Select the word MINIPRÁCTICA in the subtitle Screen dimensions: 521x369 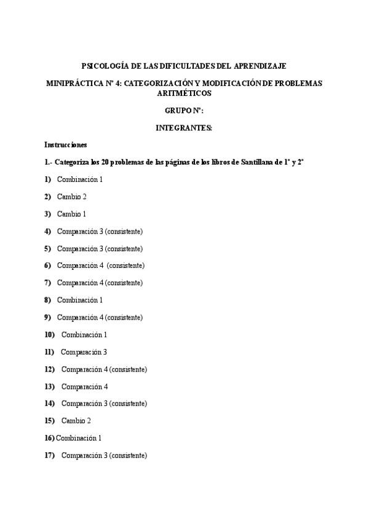(74, 82)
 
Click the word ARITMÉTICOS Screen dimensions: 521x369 (184, 93)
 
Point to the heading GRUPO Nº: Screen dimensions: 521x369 (184, 111)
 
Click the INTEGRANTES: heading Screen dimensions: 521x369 (184, 128)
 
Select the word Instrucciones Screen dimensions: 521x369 (66, 145)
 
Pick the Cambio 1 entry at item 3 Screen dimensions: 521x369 (71, 214)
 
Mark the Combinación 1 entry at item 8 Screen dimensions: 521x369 (79, 300)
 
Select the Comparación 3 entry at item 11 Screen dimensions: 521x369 (84, 352)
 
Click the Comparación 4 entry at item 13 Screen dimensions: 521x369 (84, 386)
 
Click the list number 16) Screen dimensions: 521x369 (49, 438)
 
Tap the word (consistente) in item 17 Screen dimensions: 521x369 (128, 455)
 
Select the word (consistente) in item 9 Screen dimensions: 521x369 (124, 317)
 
